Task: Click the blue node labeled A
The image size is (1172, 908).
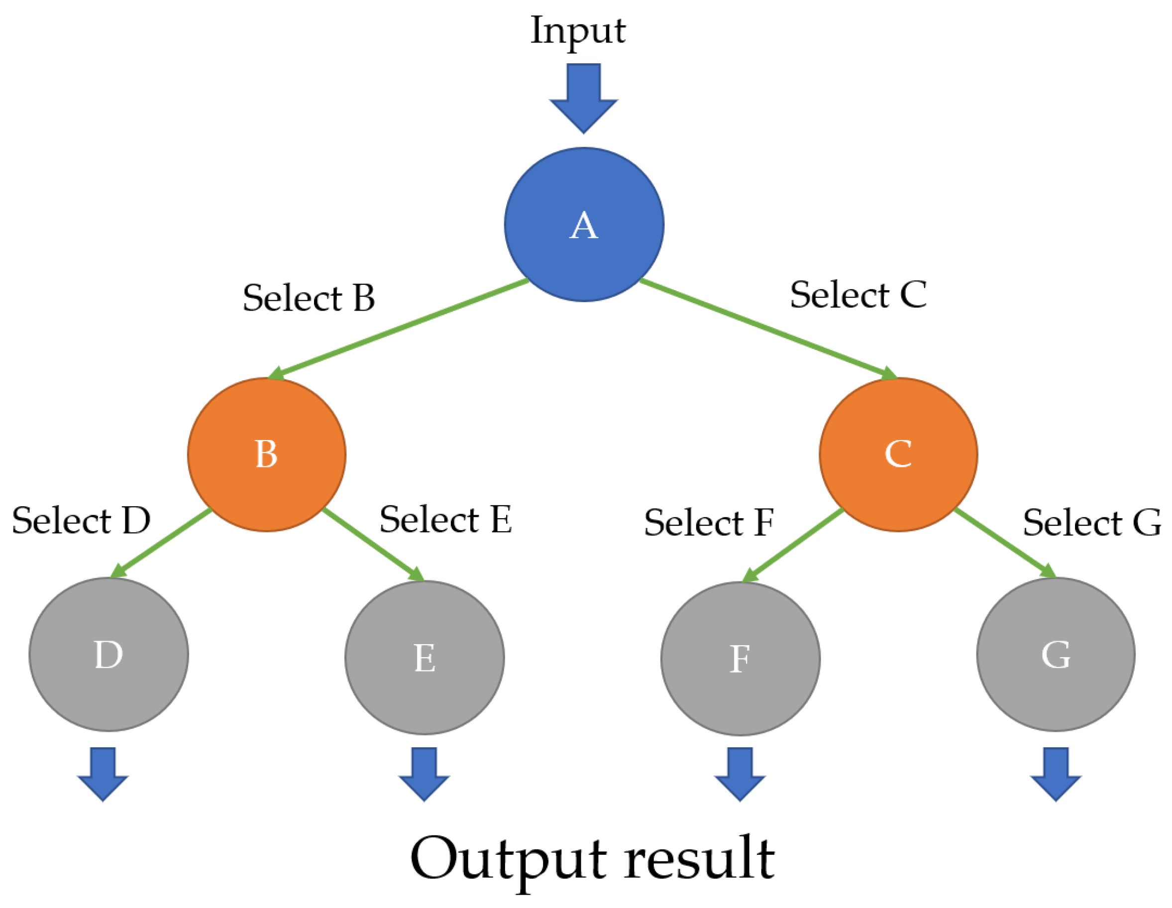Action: (x=584, y=225)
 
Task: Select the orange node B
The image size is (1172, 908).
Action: (x=267, y=454)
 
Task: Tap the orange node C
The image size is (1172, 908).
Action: (x=898, y=454)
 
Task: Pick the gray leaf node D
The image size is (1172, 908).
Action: (x=109, y=655)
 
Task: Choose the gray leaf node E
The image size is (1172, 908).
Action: (x=425, y=658)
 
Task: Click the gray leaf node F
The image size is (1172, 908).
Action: (x=740, y=659)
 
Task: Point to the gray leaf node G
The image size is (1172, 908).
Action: (x=1056, y=655)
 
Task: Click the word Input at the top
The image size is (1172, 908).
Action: (x=578, y=31)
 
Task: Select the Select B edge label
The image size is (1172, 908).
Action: (x=309, y=298)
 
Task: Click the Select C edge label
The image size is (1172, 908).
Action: (x=858, y=295)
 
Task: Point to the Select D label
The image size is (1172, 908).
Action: (x=81, y=521)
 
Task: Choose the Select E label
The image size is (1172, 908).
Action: (x=445, y=520)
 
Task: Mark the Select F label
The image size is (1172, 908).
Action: (x=708, y=523)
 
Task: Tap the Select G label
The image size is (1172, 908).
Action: (x=1091, y=523)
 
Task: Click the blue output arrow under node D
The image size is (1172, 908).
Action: (x=103, y=773)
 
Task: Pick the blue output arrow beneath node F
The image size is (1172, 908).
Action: (x=740, y=773)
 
